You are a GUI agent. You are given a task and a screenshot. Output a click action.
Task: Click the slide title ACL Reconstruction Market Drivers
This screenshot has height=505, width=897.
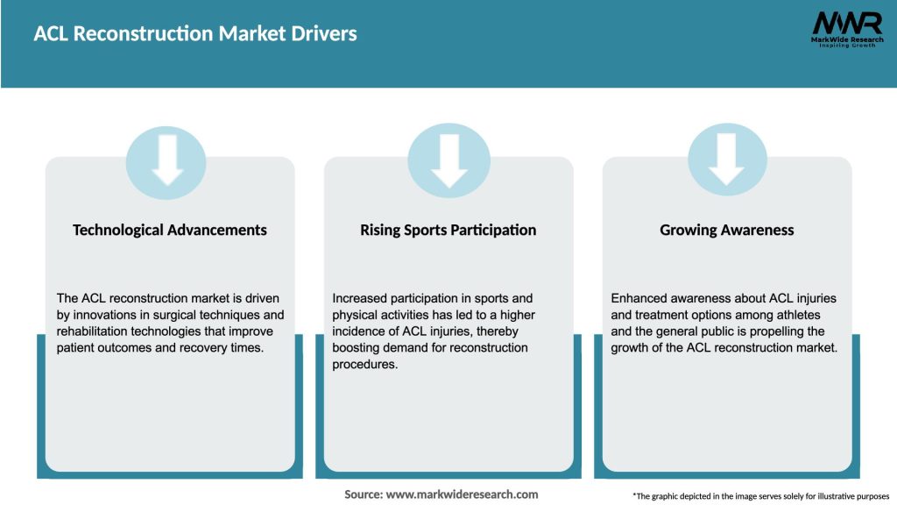(x=195, y=34)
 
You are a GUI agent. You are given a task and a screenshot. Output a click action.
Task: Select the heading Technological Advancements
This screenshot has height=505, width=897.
(x=170, y=230)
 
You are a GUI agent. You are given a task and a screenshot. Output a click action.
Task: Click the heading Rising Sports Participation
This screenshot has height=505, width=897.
(x=448, y=230)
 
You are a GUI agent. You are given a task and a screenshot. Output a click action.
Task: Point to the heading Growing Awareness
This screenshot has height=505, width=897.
(x=727, y=230)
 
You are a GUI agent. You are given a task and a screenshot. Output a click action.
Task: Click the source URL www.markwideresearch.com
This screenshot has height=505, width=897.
(x=463, y=494)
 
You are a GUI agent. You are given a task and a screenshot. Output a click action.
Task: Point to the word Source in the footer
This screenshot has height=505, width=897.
(x=363, y=494)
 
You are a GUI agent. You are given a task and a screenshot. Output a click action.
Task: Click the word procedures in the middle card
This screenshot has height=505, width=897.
(x=365, y=365)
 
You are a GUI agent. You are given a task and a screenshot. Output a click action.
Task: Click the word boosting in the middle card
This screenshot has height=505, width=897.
(x=357, y=348)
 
